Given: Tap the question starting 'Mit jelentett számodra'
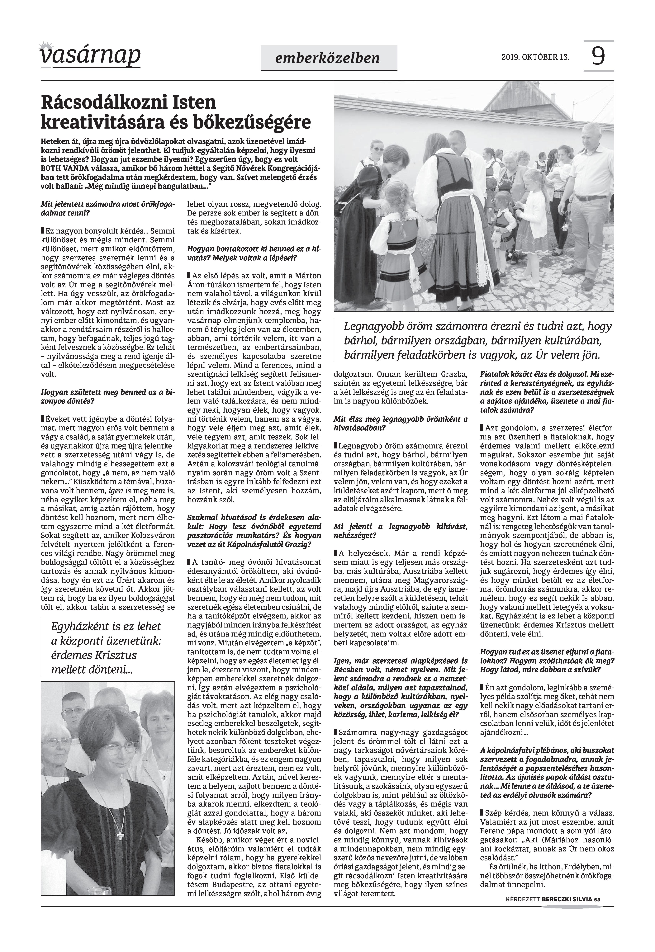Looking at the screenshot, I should (107, 208).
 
